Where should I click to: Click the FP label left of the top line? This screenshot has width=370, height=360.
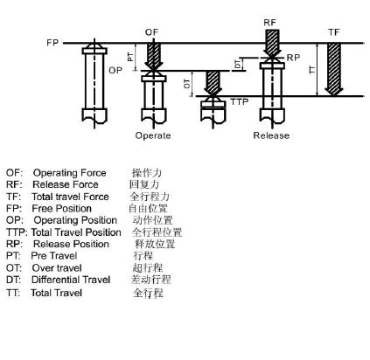(x=52, y=43)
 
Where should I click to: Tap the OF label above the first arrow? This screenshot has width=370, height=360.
(x=151, y=32)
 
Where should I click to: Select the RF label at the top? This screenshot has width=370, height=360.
(x=269, y=23)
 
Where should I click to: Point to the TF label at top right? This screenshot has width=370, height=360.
(x=334, y=32)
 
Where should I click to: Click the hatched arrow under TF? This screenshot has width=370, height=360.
(x=334, y=69)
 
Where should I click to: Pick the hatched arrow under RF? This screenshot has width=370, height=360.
(x=272, y=43)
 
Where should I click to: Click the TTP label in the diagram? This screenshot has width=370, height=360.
(x=240, y=101)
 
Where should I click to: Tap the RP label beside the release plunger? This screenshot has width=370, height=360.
(x=293, y=58)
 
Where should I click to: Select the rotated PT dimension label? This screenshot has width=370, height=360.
(x=130, y=57)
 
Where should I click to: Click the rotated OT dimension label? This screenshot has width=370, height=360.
(x=187, y=84)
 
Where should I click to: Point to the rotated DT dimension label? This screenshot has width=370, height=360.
(x=238, y=64)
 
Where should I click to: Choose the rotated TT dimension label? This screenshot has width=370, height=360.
(x=312, y=69)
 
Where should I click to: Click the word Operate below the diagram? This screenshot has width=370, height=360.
(x=153, y=135)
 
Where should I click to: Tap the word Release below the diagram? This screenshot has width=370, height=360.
(x=271, y=135)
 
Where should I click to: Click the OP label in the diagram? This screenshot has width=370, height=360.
(x=115, y=70)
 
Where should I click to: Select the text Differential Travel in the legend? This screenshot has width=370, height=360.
(x=71, y=280)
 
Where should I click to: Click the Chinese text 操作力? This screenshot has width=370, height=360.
(x=147, y=172)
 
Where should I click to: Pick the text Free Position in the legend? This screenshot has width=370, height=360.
(x=61, y=209)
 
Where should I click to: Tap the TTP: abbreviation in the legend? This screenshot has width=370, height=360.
(x=17, y=232)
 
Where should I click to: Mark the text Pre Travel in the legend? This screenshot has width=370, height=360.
(x=54, y=256)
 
